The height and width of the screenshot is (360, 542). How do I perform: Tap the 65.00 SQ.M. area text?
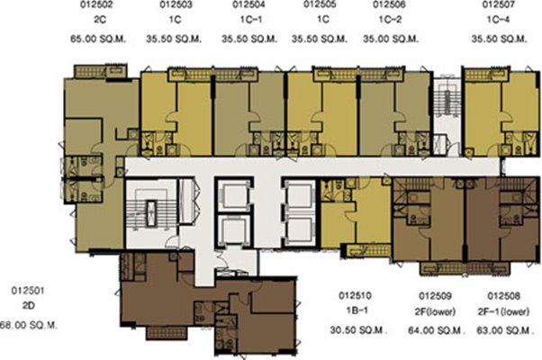tap(98, 39)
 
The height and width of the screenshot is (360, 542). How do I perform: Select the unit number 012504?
tap(248, 4)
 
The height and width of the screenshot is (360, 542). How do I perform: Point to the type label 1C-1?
tap(251, 19)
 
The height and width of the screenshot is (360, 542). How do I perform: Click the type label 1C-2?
tap(391, 19)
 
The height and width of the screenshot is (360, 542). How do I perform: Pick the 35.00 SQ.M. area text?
tap(391, 39)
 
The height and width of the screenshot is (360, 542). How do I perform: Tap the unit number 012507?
tap(499, 4)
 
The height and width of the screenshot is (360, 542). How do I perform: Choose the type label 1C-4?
tap(498, 19)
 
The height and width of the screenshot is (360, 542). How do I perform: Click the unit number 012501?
tap(28, 291)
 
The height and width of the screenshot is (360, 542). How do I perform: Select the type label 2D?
tap(29, 306)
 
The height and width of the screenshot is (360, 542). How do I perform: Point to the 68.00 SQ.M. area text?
tap(29, 325)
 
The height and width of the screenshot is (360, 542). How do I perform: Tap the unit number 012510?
tap(355, 296)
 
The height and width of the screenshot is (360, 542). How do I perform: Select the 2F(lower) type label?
tap(435, 311)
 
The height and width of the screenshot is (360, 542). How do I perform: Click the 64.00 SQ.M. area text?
tap(435, 330)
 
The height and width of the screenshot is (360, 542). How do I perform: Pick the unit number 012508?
tap(503, 296)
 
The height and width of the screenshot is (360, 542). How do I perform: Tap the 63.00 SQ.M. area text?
tap(504, 330)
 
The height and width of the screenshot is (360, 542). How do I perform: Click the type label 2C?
tap(100, 19)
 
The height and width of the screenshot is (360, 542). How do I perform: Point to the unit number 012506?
tap(389, 4)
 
